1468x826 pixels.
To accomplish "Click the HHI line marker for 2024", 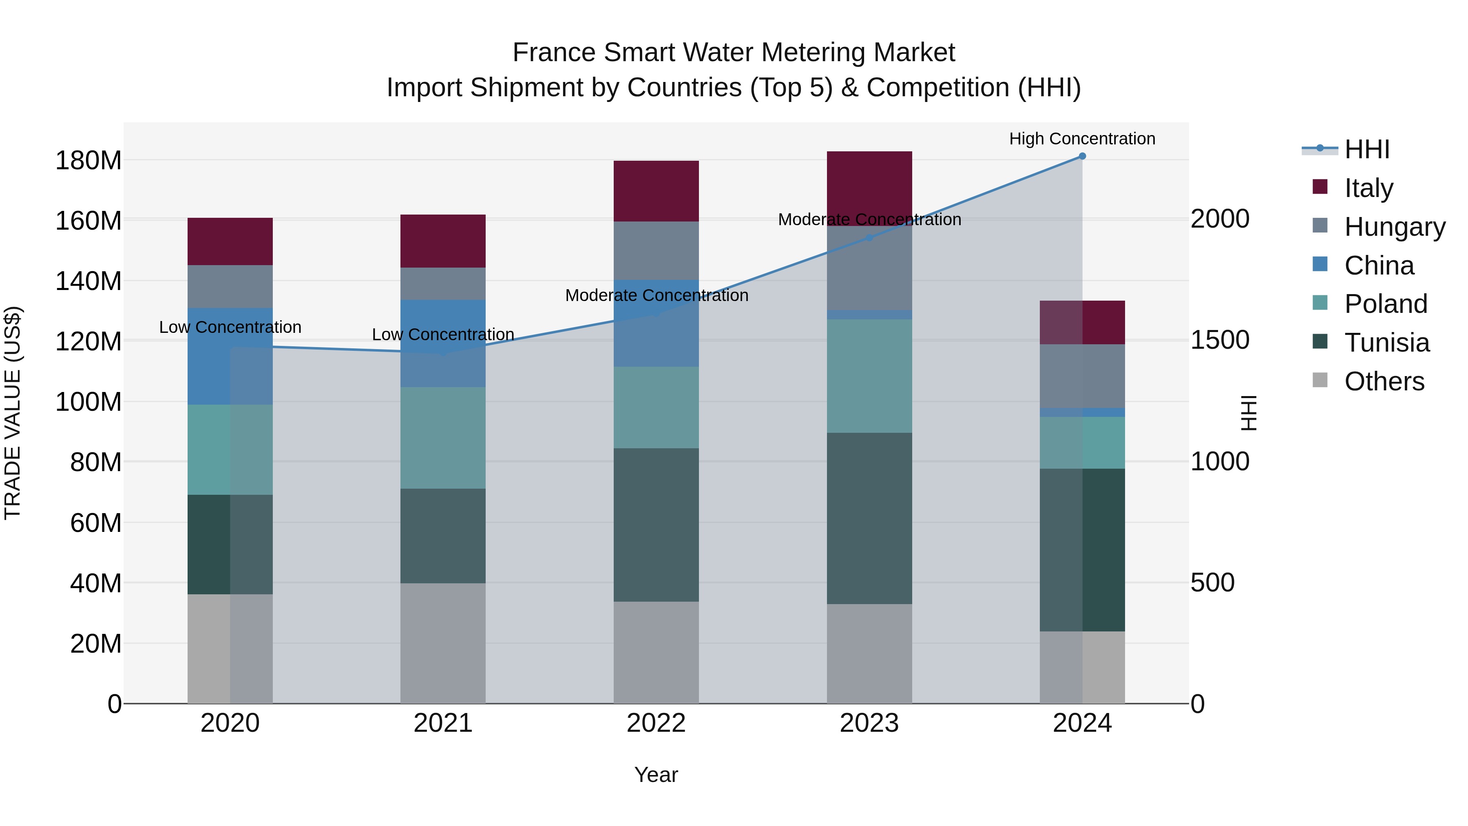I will (x=1082, y=156).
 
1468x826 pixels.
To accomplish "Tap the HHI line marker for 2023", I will (x=869, y=238).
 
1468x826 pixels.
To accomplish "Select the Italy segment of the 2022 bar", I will (x=656, y=191).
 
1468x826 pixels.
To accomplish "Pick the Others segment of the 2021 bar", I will (x=443, y=643).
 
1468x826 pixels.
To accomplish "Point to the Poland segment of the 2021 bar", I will (x=443, y=438).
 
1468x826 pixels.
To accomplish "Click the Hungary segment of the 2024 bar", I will (x=1082, y=376).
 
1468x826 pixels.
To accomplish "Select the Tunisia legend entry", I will (x=1386, y=343).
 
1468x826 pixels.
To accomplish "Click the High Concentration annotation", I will (x=1082, y=139).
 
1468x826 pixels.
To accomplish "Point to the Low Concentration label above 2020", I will (x=230, y=327).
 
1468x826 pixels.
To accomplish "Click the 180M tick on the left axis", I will (x=88, y=161).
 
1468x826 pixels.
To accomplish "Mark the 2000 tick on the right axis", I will (x=1220, y=219).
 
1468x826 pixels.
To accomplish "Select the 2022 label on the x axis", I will (x=656, y=723).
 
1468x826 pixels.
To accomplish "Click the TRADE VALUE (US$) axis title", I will (x=13, y=413).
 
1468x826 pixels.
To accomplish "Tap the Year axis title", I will (x=656, y=775).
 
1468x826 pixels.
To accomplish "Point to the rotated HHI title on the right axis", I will (x=1248, y=413).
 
